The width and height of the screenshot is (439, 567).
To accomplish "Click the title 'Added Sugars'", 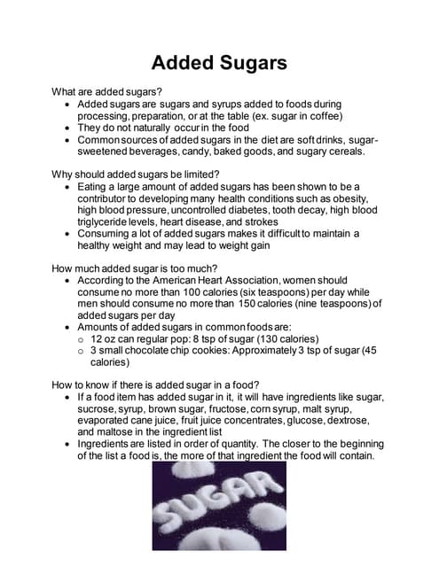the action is pyautogui.click(x=219, y=63).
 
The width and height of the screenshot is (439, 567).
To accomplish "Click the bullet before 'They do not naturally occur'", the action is pyautogui.click(x=68, y=128).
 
